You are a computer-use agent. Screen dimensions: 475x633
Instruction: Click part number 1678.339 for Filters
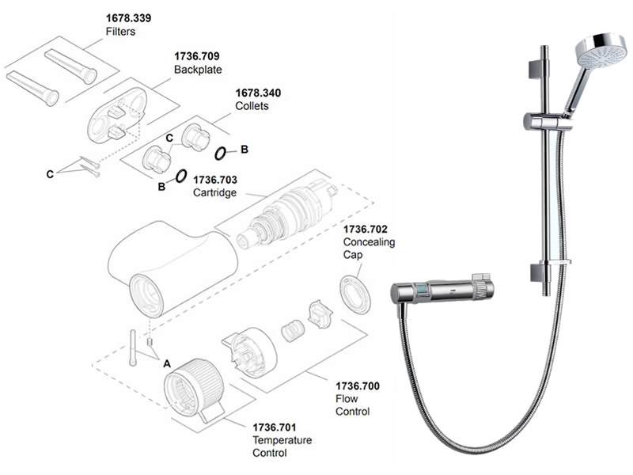[x=127, y=18]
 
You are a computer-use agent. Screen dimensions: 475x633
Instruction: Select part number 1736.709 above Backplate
[x=197, y=56]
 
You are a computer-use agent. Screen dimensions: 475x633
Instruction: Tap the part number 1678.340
[x=257, y=93]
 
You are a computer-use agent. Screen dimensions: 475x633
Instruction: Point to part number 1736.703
[x=216, y=180]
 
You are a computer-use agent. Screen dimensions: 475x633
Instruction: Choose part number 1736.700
[x=358, y=386]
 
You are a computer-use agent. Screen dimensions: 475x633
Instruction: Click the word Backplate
[x=197, y=70]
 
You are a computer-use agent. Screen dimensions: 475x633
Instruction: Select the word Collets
[x=252, y=105]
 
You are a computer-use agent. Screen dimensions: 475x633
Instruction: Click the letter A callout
[x=166, y=363]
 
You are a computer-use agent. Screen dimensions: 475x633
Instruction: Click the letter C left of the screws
[x=50, y=173]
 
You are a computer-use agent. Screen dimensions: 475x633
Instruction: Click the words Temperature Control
[x=282, y=446]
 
